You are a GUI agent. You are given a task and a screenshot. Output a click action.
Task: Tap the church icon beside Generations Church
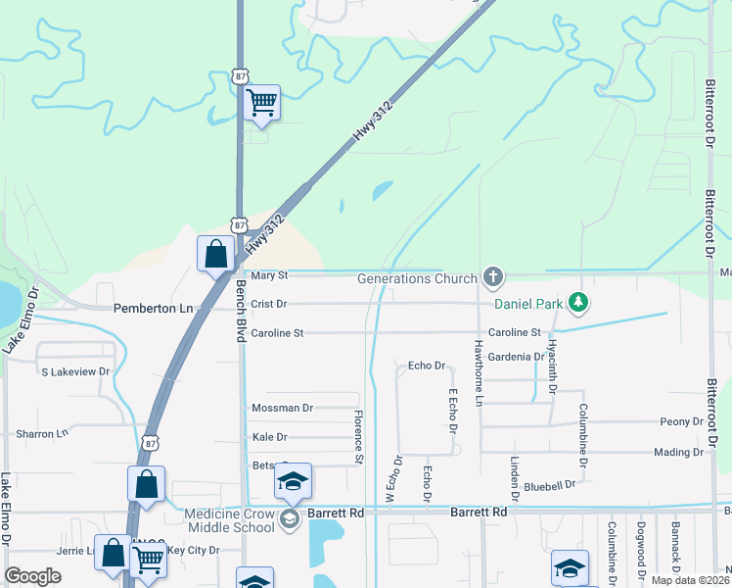point(493,277)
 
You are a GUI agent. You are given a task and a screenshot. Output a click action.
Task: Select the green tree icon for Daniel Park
point(579,303)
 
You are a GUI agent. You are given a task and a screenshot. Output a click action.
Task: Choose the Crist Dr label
point(268,305)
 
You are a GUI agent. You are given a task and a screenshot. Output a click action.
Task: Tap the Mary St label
point(268,276)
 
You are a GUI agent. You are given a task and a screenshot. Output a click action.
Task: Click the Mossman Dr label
point(282,408)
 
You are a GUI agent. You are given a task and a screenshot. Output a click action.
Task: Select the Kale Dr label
point(269,437)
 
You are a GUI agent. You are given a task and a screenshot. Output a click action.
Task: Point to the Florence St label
point(359,437)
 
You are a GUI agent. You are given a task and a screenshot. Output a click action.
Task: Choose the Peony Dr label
point(682,422)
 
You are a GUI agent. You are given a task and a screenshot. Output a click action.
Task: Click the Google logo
point(32,576)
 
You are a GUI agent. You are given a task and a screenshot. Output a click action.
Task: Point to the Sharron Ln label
point(42,433)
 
